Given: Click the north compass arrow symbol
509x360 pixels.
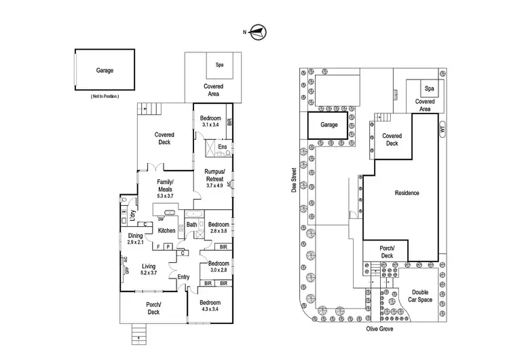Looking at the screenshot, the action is click(x=259, y=31).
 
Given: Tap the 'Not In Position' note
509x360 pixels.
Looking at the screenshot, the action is click(x=105, y=97).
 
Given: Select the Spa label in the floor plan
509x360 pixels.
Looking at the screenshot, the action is click(x=220, y=65).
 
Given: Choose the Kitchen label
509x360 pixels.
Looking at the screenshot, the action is click(x=167, y=230).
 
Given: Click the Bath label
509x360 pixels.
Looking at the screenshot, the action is click(x=191, y=225).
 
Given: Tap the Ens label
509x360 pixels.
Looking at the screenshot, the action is click(x=223, y=147).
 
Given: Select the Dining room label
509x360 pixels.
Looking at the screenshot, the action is click(x=136, y=236).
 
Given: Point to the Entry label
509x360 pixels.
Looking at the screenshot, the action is click(x=183, y=277).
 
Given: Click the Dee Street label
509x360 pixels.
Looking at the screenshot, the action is click(x=297, y=181).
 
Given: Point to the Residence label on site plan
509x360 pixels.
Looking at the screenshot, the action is click(x=407, y=193).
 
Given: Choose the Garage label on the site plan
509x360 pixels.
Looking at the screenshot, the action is click(x=329, y=125).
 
